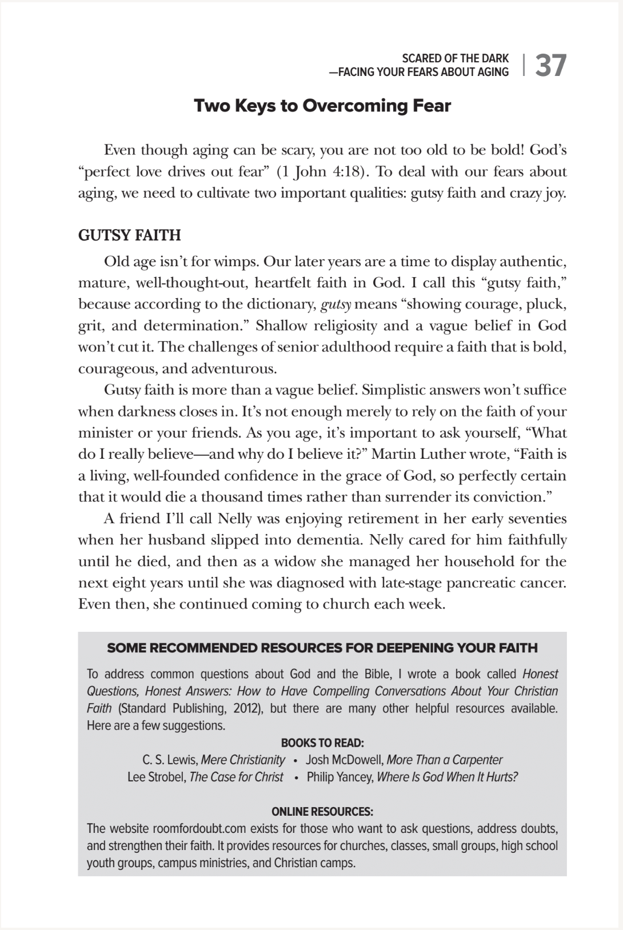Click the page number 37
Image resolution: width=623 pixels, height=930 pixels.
coord(551,65)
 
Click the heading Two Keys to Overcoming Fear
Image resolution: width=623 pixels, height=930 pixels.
coord(322,106)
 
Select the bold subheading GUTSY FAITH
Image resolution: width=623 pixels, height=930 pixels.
coord(129,235)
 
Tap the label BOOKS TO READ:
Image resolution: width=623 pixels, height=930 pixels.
coord(322,743)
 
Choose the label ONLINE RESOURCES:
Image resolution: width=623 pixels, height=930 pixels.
coord(322,812)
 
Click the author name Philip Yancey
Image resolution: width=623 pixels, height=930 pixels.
coord(340,777)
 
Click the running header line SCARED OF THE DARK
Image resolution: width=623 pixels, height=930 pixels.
coord(455,58)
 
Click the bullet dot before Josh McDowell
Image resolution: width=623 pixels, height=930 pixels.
coord(295,761)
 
